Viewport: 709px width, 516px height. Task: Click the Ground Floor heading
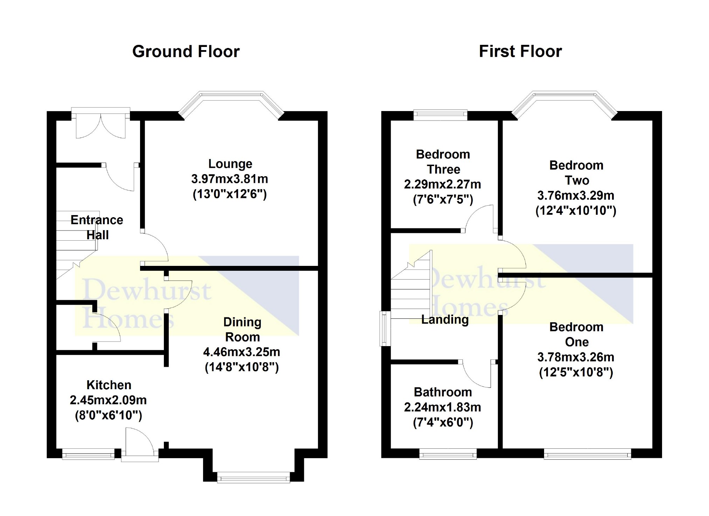pos(186,51)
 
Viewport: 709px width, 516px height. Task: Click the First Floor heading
pos(520,51)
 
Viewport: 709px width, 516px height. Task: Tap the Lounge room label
pos(230,164)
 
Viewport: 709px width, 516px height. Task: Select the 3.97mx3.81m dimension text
pos(230,179)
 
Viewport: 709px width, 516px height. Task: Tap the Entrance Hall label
pos(97,227)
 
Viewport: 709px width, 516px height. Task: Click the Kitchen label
pos(109,385)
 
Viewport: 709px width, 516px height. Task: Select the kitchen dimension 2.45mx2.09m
pos(108,400)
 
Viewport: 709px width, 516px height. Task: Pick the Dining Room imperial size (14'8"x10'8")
pos(242,367)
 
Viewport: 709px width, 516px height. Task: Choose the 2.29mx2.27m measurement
pos(443,184)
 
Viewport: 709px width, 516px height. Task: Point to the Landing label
pos(445,319)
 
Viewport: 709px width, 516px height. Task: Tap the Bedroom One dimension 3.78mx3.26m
pos(576,357)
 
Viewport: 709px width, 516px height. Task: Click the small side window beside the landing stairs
pos(385,328)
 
